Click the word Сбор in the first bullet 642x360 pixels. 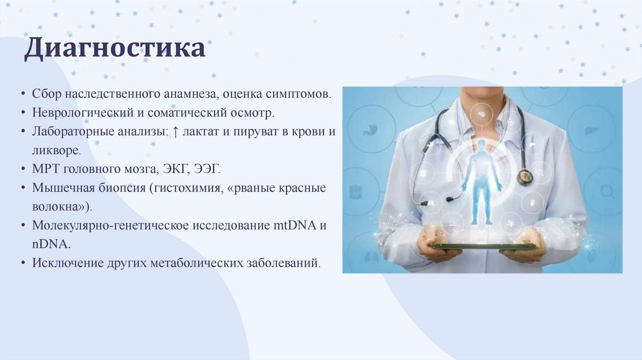46,94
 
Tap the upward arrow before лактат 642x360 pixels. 176,132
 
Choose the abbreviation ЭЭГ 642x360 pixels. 207,169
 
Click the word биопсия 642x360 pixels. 122,188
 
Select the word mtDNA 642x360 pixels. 295,225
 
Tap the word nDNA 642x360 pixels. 51,244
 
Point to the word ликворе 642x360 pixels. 56,151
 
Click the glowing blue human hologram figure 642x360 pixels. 481,183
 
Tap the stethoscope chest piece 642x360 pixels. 525,176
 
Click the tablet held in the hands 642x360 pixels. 483,246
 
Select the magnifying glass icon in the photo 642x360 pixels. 607,192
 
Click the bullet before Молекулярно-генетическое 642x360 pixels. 23,226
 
